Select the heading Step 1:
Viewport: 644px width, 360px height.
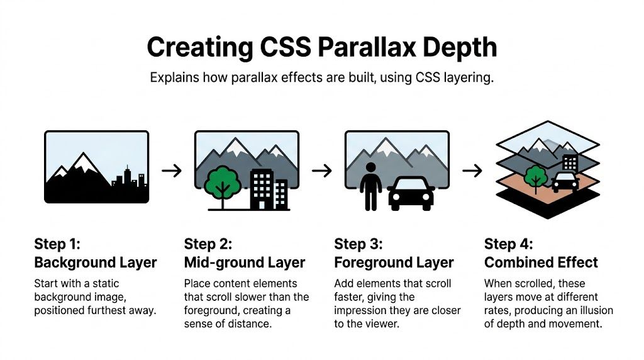(57, 244)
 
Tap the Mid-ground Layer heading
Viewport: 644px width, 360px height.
(245, 262)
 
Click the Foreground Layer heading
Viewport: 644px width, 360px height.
(394, 262)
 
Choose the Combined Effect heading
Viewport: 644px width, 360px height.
(541, 262)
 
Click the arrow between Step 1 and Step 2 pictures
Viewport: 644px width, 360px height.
(171, 170)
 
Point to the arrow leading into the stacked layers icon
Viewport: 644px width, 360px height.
(472, 170)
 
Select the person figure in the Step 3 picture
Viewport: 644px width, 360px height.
(371, 186)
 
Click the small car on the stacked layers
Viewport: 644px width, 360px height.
(565, 182)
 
